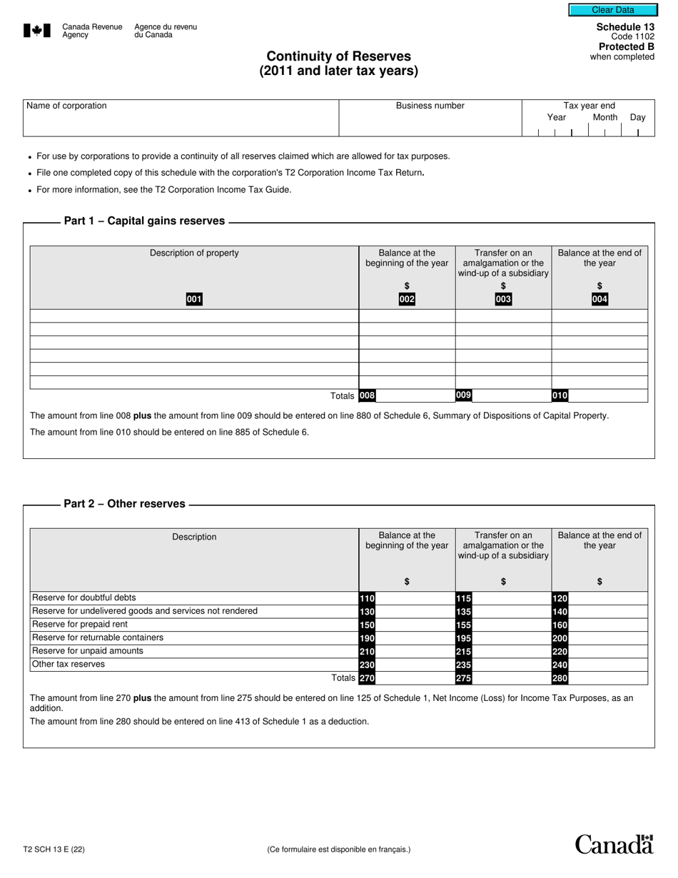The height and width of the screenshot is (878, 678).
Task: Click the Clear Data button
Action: (x=612, y=10)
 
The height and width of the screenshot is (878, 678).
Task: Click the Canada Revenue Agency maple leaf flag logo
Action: (x=37, y=30)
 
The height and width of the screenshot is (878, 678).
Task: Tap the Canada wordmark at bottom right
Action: (x=614, y=844)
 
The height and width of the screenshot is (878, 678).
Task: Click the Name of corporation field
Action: (x=181, y=123)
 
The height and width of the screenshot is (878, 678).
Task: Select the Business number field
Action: (x=430, y=123)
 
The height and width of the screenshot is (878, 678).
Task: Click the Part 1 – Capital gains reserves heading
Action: (x=144, y=221)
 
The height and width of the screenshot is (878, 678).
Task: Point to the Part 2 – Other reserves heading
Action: (x=124, y=504)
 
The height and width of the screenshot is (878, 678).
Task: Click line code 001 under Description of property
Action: (x=194, y=299)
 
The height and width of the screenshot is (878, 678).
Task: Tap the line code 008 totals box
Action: (x=367, y=395)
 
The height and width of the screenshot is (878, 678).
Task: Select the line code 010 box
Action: (x=560, y=395)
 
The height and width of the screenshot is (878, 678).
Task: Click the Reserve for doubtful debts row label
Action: (x=84, y=597)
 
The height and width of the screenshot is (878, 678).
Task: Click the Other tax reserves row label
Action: (x=69, y=664)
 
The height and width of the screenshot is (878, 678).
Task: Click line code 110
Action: (x=367, y=598)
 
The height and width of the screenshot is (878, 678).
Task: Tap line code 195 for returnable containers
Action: (x=463, y=637)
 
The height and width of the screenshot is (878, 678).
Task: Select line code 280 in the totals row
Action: (x=560, y=678)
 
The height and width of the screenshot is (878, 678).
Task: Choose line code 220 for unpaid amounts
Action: (x=560, y=651)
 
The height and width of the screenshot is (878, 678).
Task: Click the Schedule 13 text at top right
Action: (x=625, y=27)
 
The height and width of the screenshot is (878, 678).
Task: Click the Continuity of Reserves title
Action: (x=338, y=56)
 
